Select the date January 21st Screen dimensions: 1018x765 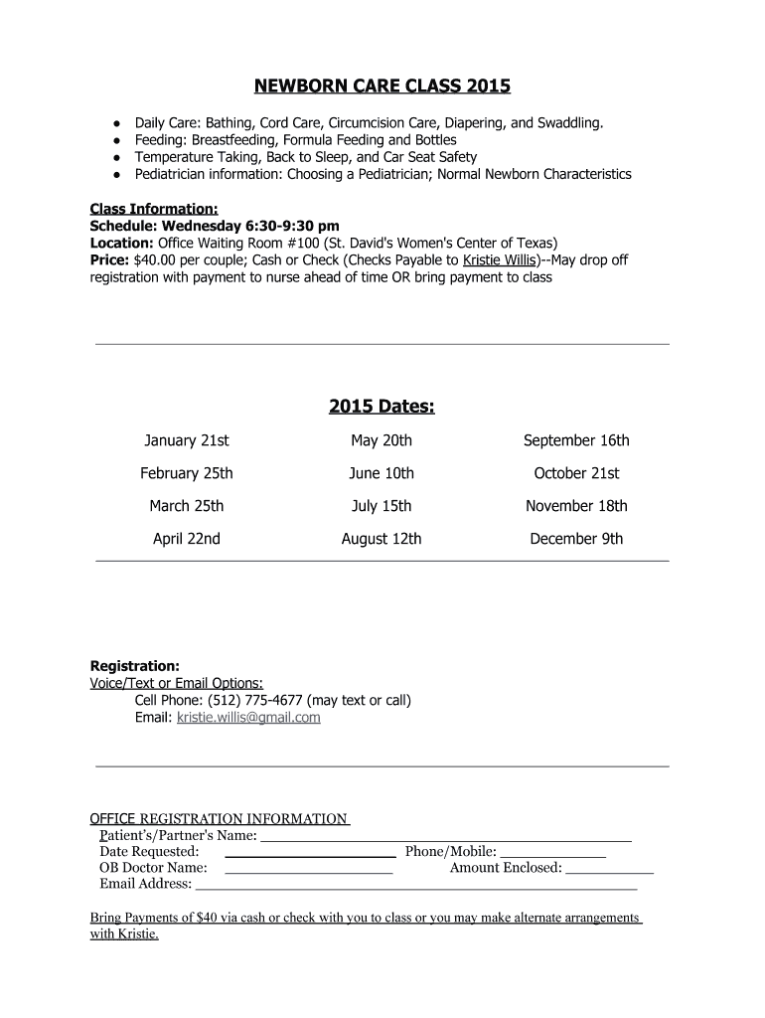(x=187, y=440)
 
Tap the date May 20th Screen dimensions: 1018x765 (x=381, y=440)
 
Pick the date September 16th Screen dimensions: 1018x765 (x=576, y=440)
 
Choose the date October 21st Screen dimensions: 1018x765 (x=576, y=473)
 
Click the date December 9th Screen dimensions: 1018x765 (x=576, y=539)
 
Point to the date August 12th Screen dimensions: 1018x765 (x=381, y=539)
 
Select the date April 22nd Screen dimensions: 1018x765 (x=187, y=539)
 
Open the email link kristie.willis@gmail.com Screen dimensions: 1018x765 (x=248, y=717)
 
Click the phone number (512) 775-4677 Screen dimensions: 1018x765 (x=257, y=700)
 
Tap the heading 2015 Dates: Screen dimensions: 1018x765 (x=382, y=407)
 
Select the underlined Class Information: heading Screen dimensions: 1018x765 (x=154, y=209)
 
